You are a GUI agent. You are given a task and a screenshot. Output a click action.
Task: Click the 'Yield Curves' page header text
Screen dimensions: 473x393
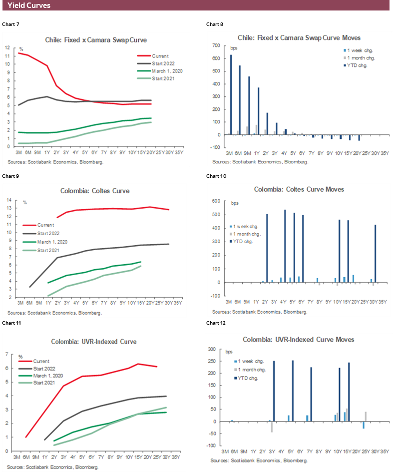click(29, 5)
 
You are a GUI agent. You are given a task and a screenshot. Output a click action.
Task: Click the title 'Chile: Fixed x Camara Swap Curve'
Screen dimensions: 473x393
click(96, 39)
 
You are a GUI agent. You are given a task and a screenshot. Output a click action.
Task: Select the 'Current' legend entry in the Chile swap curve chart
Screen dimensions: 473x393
click(160, 56)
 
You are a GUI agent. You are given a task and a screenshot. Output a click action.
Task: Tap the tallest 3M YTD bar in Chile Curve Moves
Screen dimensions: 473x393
click(231, 94)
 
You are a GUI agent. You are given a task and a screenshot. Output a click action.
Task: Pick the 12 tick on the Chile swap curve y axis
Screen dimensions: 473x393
click(7, 47)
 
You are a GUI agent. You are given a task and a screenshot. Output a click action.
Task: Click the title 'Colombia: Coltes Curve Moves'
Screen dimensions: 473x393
click(299, 189)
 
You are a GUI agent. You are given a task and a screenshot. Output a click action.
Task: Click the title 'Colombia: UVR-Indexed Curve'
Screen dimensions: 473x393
click(93, 342)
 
